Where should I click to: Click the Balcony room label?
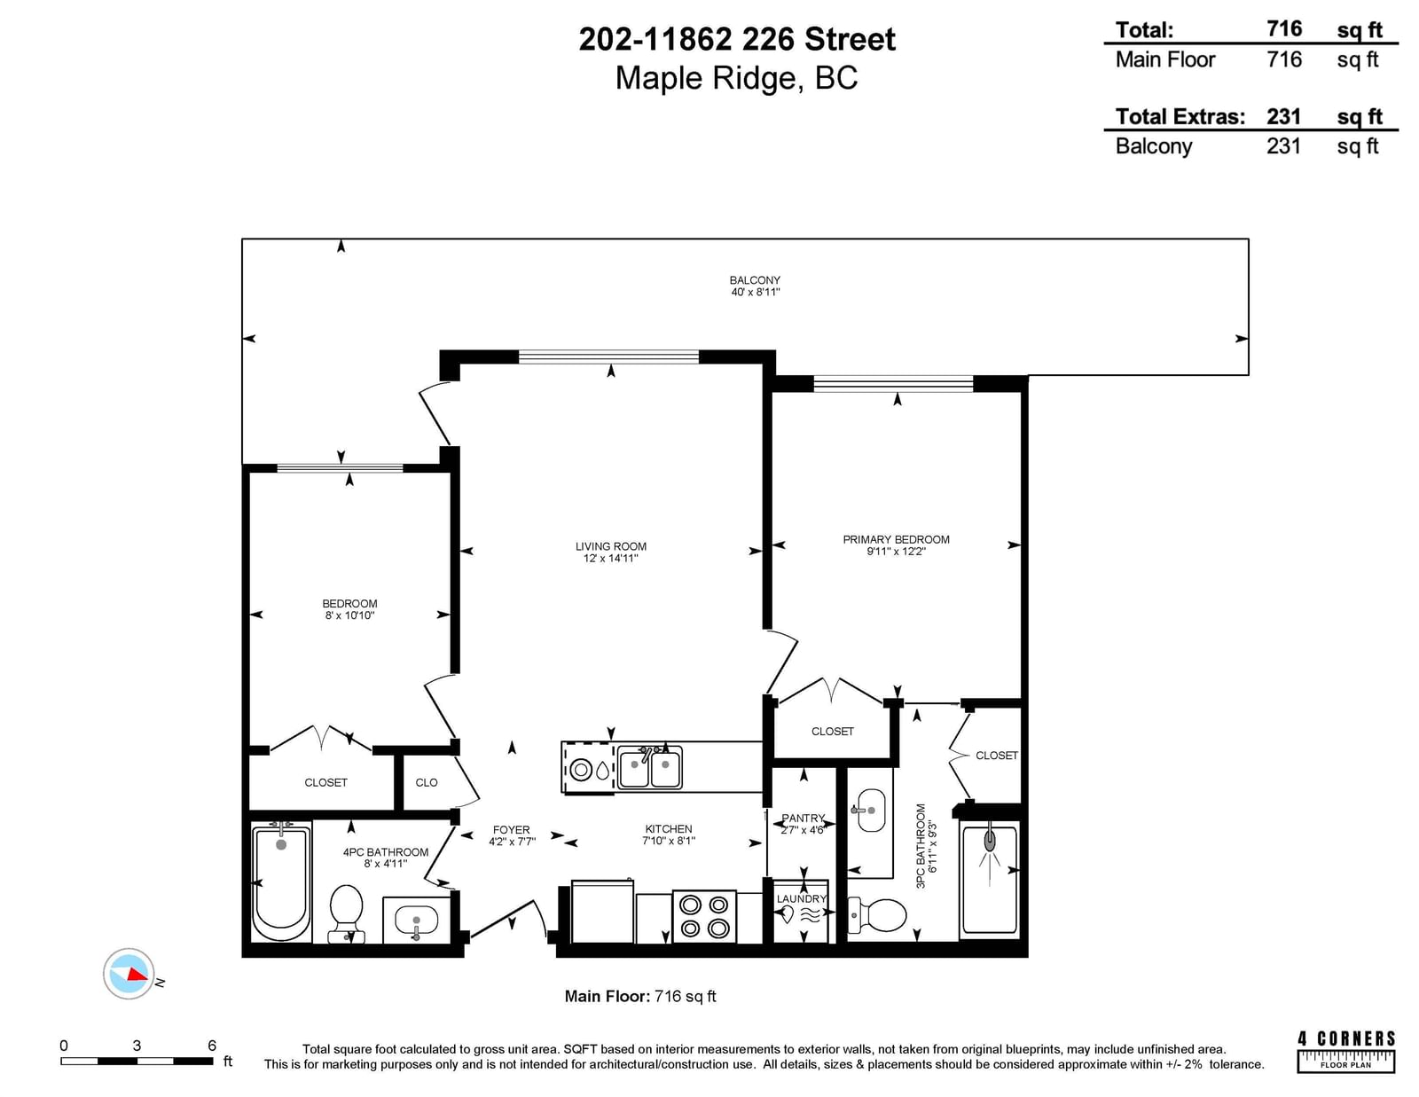click(755, 280)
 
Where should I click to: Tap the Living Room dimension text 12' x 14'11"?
click(610, 559)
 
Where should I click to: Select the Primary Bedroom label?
click(896, 539)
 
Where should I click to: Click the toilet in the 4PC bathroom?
click(346, 913)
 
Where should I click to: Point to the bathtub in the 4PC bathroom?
click(281, 882)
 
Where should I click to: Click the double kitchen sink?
click(650, 768)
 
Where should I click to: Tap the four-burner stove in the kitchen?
click(704, 916)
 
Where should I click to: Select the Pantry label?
click(804, 819)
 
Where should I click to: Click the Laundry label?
click(801, 898)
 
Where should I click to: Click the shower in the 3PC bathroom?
click(990, 880)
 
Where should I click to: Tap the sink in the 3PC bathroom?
click(870, 811)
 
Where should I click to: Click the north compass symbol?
click(129, 974)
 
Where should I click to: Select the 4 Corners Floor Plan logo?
click(1346, 1052)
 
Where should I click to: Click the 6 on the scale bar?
click(212, 1046)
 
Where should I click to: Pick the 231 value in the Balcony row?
click(1284, 145)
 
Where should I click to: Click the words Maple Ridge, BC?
click(737, 78)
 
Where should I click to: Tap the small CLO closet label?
click(427, 782)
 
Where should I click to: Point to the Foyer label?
click(512, 830)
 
